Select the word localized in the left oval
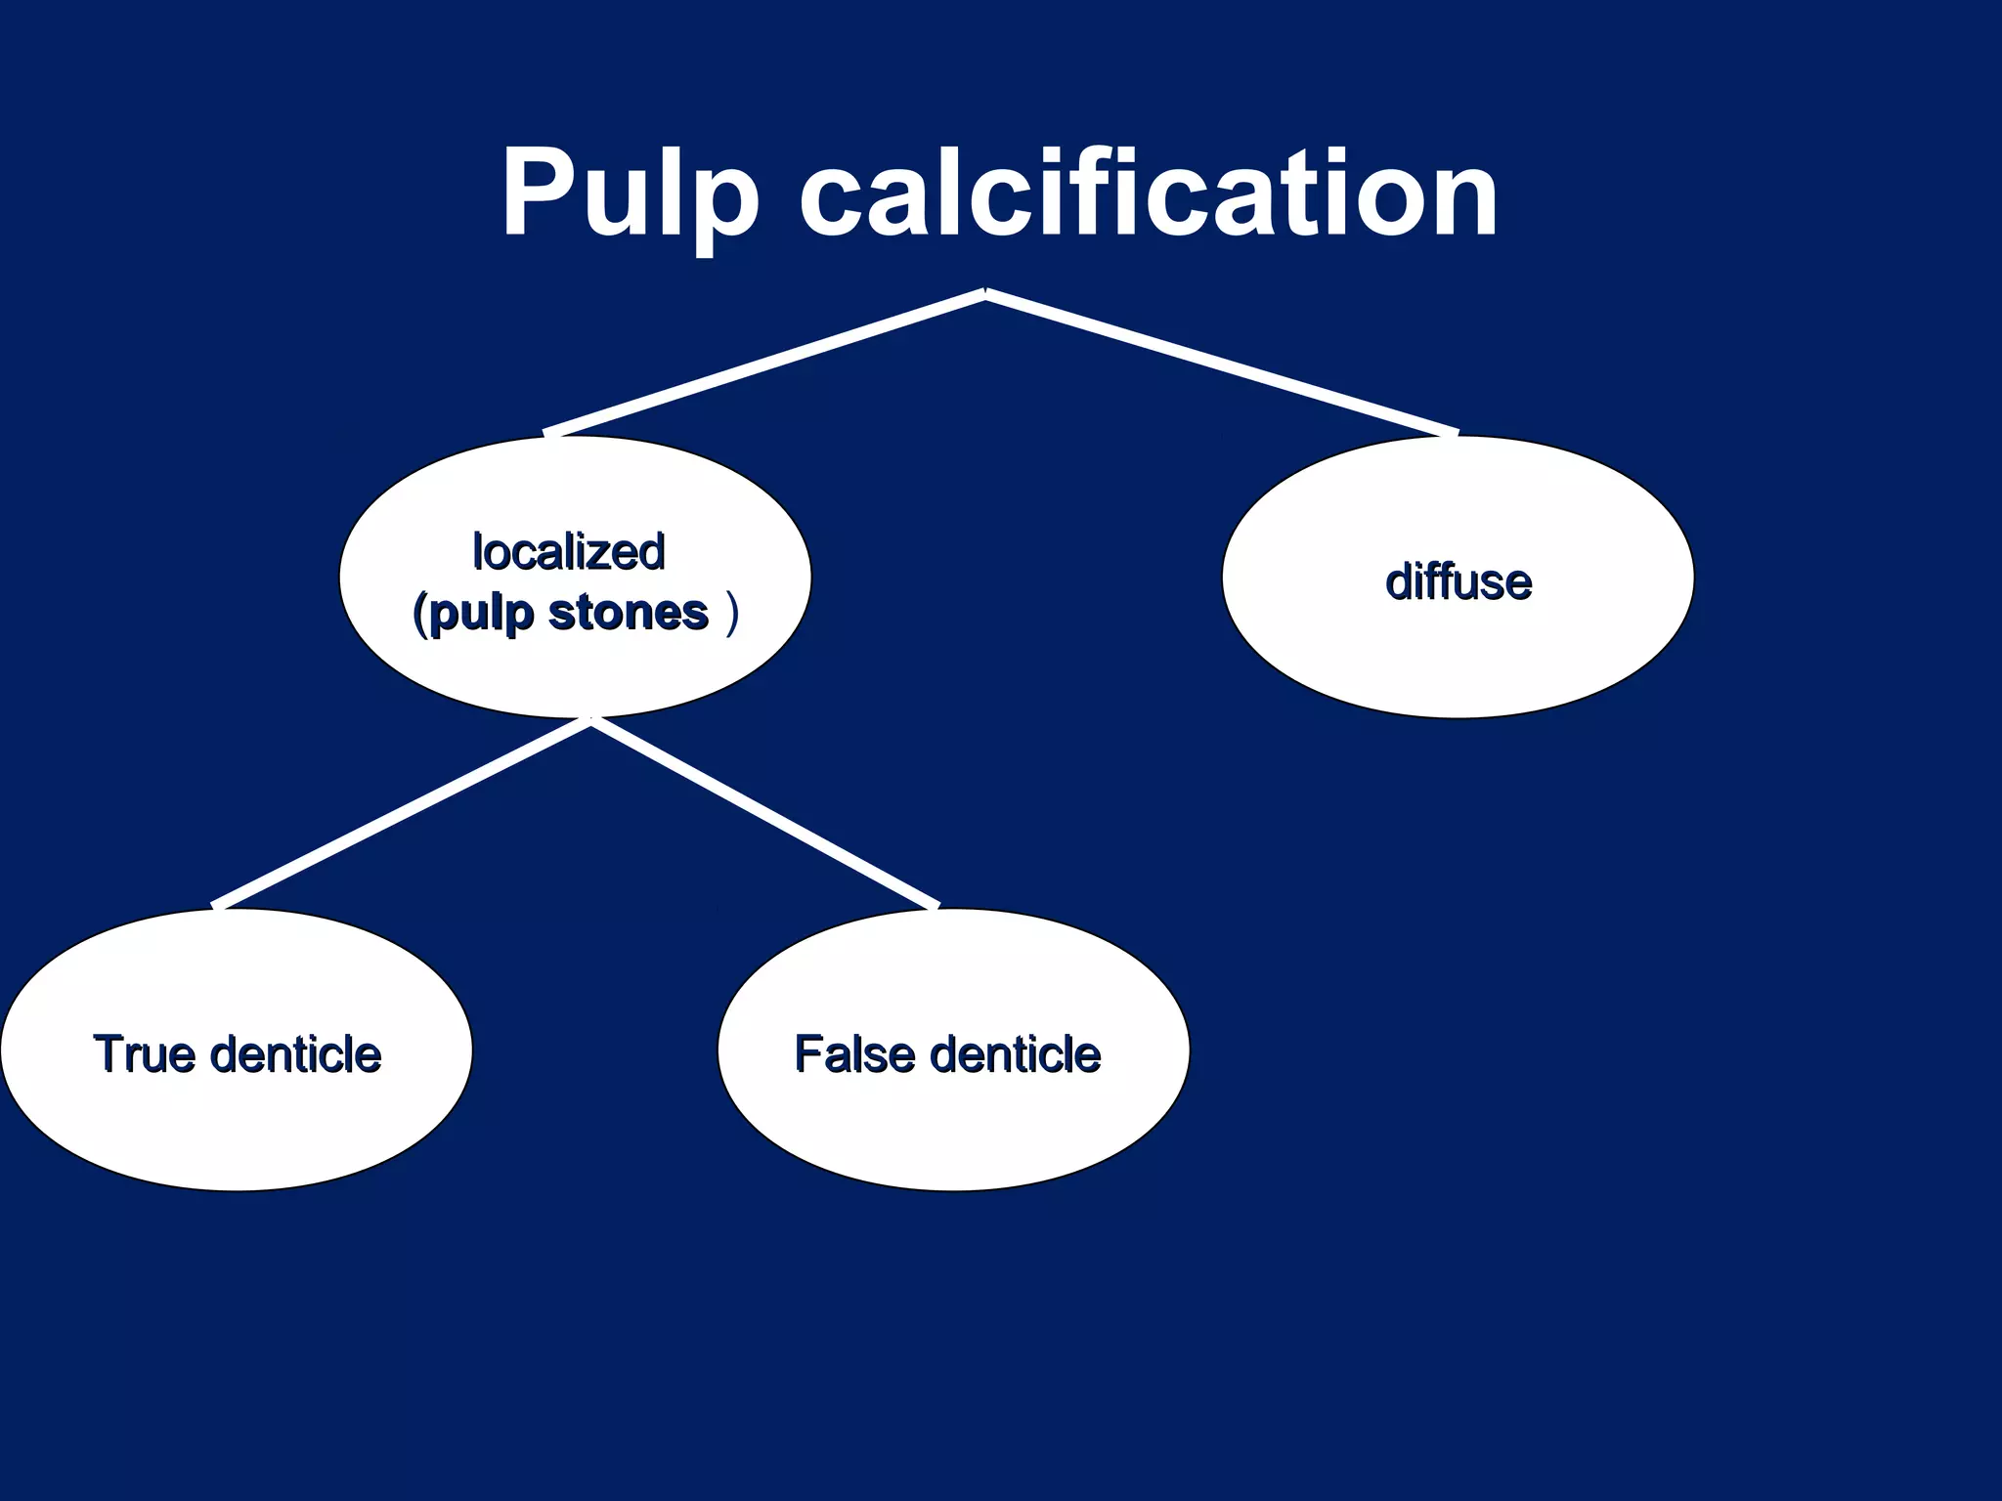pos(569,552)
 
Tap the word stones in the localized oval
pos(628,614)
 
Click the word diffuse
pos(1458,581)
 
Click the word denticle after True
pos(295,1054)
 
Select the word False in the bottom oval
pos(854,1053)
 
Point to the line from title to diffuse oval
pos(1222,364)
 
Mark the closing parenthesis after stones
pos(732,615)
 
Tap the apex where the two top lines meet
pos(985,292)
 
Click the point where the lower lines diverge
pos(591,722)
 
